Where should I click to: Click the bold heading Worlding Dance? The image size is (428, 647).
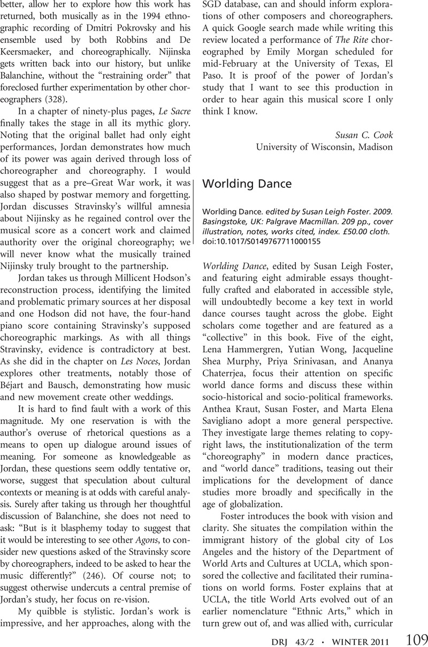248,183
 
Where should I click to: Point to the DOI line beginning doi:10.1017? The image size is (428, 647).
262,241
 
